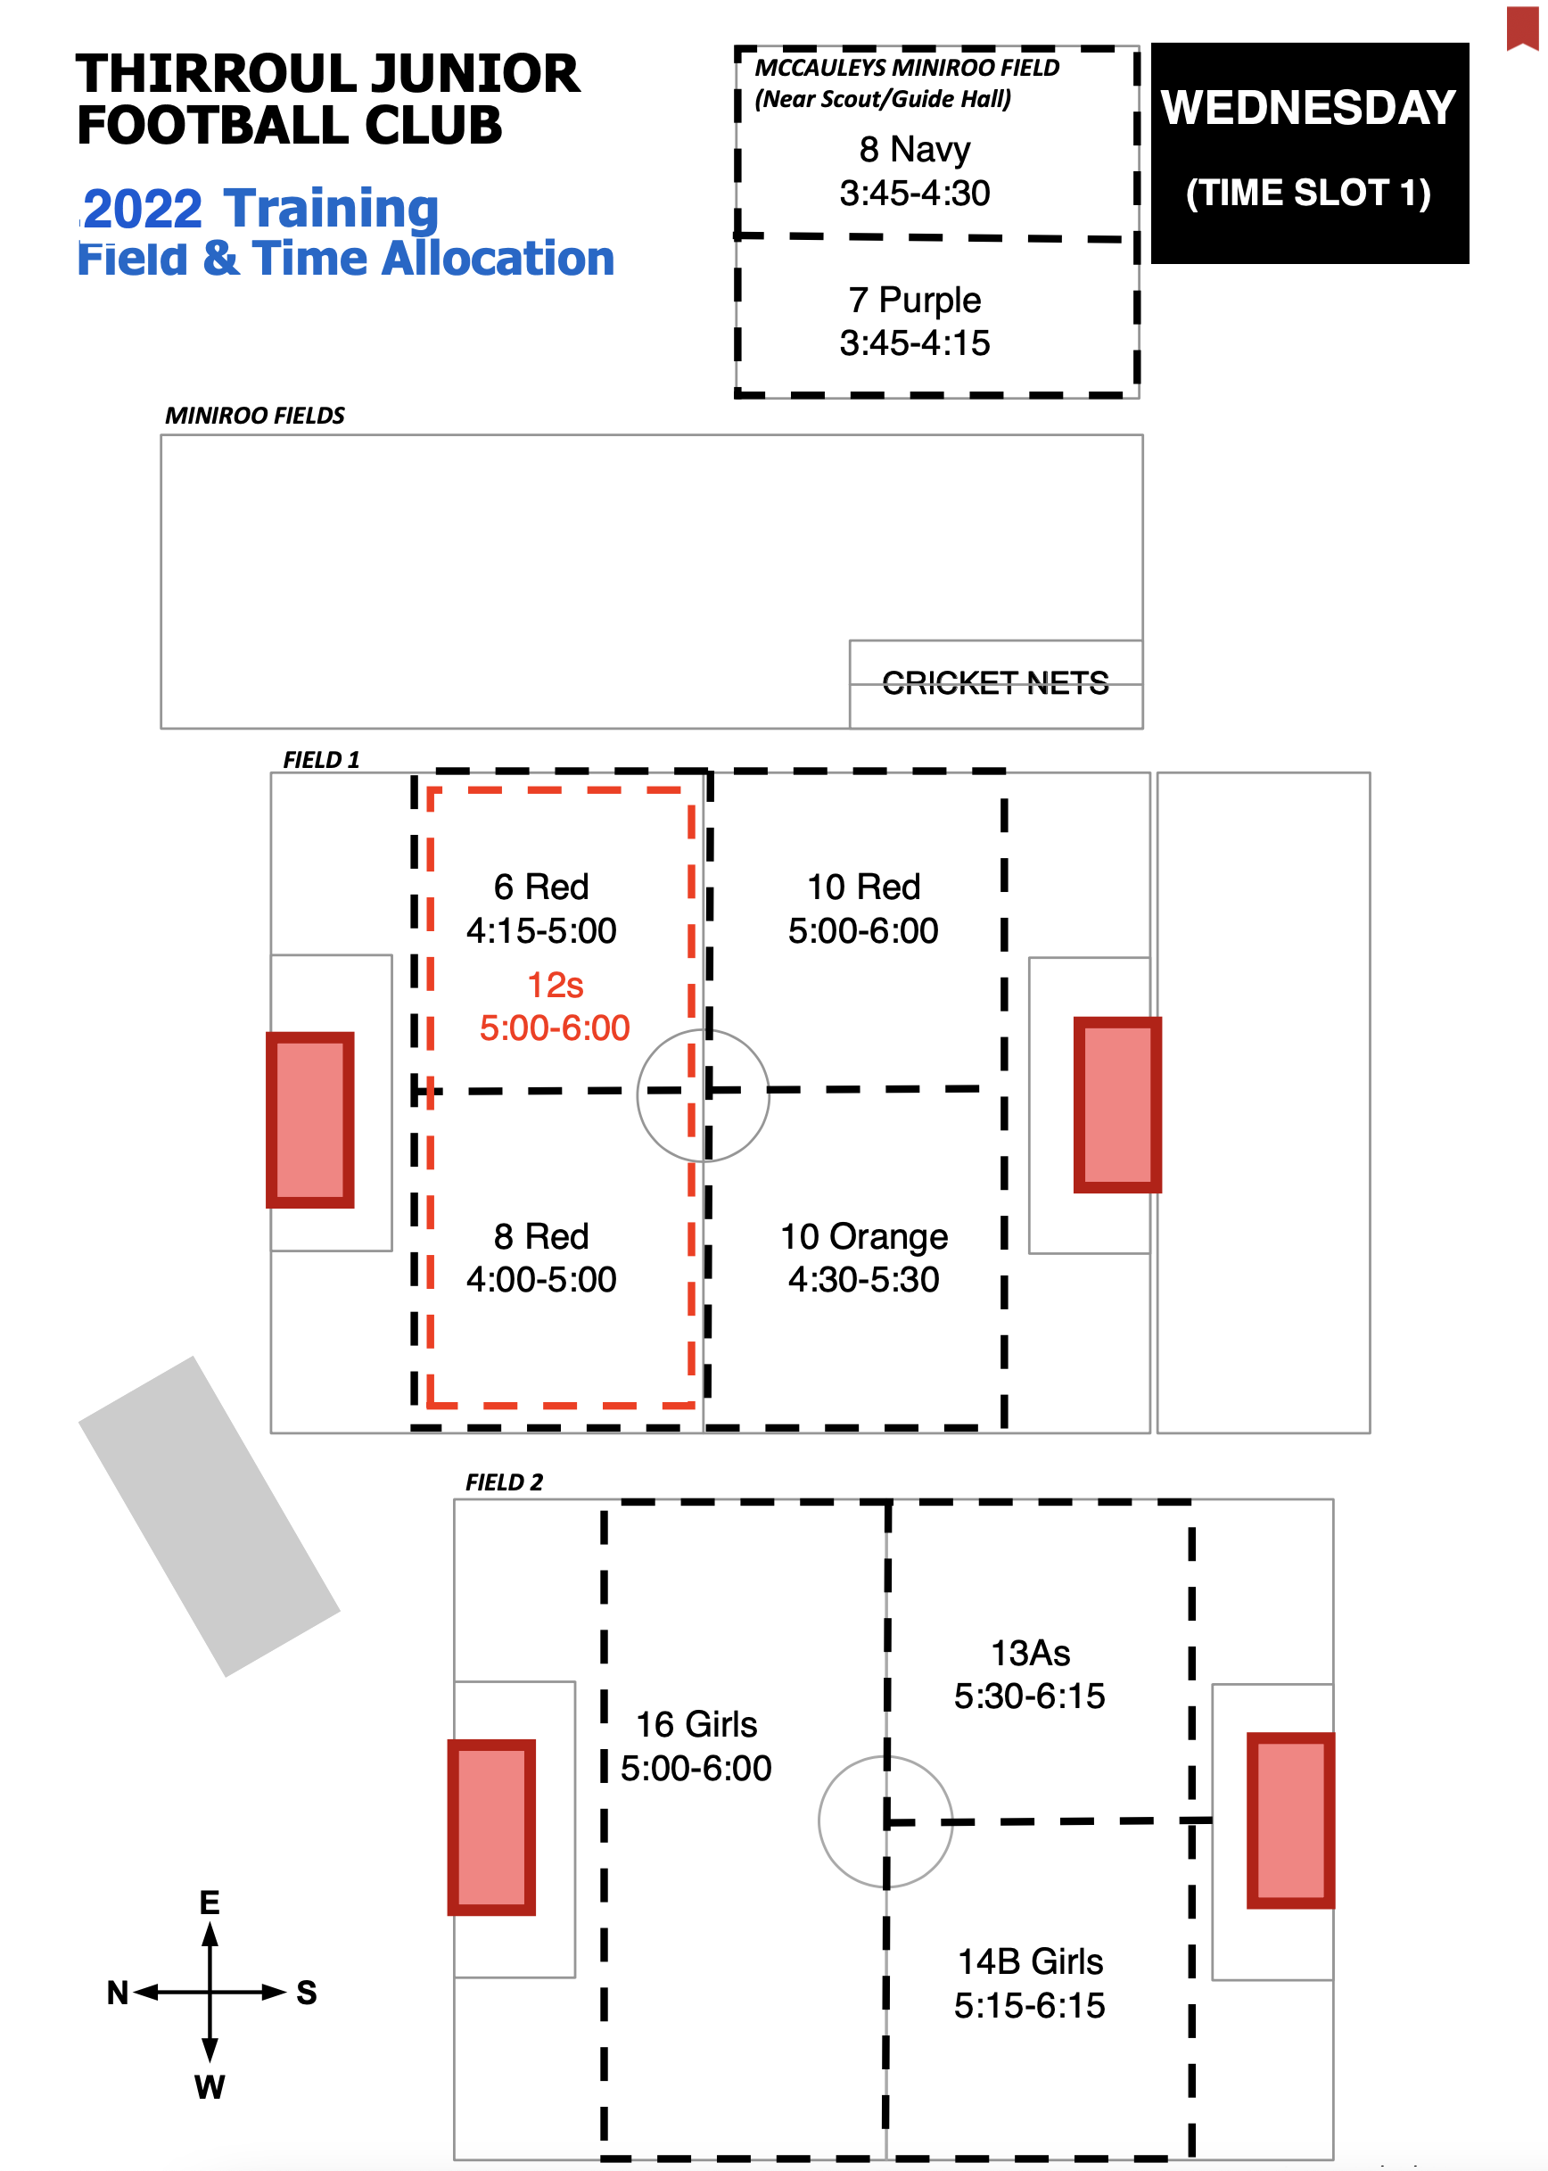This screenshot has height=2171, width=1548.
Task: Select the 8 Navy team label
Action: coord(914,150)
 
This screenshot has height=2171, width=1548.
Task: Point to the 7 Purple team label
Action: coord(914,301)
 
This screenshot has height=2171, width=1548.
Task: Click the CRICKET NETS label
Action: coord(995,682)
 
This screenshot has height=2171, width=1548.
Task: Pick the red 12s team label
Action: coord(555,985)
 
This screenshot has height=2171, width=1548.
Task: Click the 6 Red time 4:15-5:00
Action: coord(540,930)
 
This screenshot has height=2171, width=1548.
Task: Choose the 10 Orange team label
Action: coord(863,1236)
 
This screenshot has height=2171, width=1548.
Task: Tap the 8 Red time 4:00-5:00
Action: coord(540,1280)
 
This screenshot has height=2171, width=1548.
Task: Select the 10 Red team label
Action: coord(863,887)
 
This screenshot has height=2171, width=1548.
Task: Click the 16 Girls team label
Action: coord(696,1725)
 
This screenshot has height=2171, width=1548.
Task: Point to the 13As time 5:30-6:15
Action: coord(1029,1696)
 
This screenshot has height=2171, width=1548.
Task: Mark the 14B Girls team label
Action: coord(1029,1962)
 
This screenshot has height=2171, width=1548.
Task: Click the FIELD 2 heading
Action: coord(503,1482)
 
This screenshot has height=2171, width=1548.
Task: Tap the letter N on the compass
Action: coord(117,1993)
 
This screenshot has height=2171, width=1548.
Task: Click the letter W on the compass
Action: coord(210,2087)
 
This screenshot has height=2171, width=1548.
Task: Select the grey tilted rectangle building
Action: coord(209,1516)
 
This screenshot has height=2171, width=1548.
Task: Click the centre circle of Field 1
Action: coord(703,1095)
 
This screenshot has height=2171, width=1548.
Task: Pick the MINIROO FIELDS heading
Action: coord(254,416)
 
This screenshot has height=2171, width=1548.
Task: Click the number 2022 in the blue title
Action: coord(143,209)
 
